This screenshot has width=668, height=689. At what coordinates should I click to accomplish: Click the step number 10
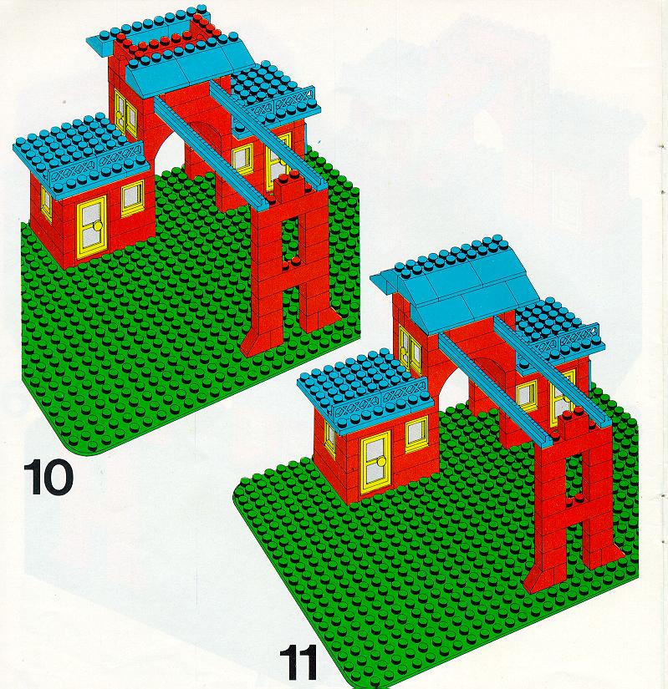pyautogui.click(x=48, y=477)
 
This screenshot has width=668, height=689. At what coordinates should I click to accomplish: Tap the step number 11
pyautogui.click(x=298, y=662)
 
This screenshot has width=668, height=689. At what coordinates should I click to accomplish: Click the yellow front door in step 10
pyautogui.click(x=92, y=226)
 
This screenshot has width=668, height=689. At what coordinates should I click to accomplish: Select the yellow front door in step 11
pyautogui.click(x=375, y=462)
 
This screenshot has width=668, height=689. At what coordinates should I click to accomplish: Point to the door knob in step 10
pyautogui.click(x=98, y=225)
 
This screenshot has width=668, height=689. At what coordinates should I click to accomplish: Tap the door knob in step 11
pyautogui.click(x=381, y=461)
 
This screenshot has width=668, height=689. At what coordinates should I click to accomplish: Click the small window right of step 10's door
pyautogui.click(x=132, y=199)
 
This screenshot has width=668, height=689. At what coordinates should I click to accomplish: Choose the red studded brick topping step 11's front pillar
pyautogui.click(x=573, y=425)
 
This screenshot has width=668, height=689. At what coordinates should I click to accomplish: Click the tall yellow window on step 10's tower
pyautogui.click(x=125, y=113)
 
